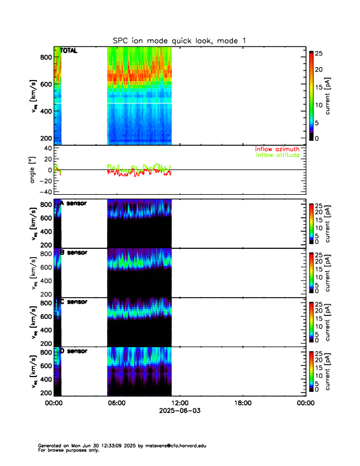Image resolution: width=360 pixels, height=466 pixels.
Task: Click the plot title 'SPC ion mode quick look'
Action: pos(179,40)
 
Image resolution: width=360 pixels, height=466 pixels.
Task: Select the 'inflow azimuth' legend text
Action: pos(276,149)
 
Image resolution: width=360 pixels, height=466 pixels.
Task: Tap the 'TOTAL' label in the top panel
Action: pos(69,51)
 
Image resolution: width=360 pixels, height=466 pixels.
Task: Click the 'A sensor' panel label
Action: pos(73,204)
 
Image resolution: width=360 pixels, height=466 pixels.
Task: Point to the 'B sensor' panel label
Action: pos(73,252)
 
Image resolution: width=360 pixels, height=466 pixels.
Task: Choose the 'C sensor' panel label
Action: pos(73,302)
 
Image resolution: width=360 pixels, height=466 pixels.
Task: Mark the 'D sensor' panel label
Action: pos(73,351)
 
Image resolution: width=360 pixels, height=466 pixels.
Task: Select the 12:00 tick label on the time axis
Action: pos(179,403)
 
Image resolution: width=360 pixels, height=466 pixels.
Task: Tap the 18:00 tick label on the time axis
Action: pos(242,403)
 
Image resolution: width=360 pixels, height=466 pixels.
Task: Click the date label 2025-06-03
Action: pos(179,411)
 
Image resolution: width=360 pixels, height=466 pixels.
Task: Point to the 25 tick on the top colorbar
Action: pos(319,54)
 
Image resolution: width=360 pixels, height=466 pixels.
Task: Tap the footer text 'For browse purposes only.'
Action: pos(64,450)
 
